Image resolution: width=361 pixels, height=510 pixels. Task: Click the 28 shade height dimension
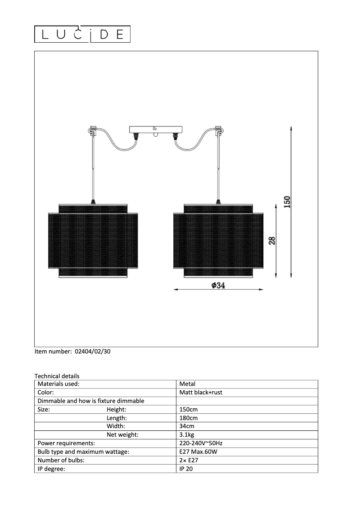coord(271,240)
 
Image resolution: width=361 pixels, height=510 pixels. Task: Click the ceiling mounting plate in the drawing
coord(156,130)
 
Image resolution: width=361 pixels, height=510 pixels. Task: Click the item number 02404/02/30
coord(91,352)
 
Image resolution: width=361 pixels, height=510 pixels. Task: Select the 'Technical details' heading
coord(57,376)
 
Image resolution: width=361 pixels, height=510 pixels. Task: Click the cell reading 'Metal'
coord(187,384)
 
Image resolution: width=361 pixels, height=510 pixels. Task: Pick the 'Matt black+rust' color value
coord(201,392)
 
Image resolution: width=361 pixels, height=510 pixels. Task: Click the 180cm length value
coord(188,418)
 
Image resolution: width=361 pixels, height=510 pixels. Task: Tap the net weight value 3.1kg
coord(187,435)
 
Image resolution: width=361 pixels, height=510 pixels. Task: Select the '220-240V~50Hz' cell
coord(200,443)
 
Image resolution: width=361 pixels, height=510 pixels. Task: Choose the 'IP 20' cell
coord(186,469)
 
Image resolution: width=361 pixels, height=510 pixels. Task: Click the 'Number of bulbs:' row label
coord(61,460)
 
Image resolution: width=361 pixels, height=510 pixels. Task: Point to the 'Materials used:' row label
coord(59,384)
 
